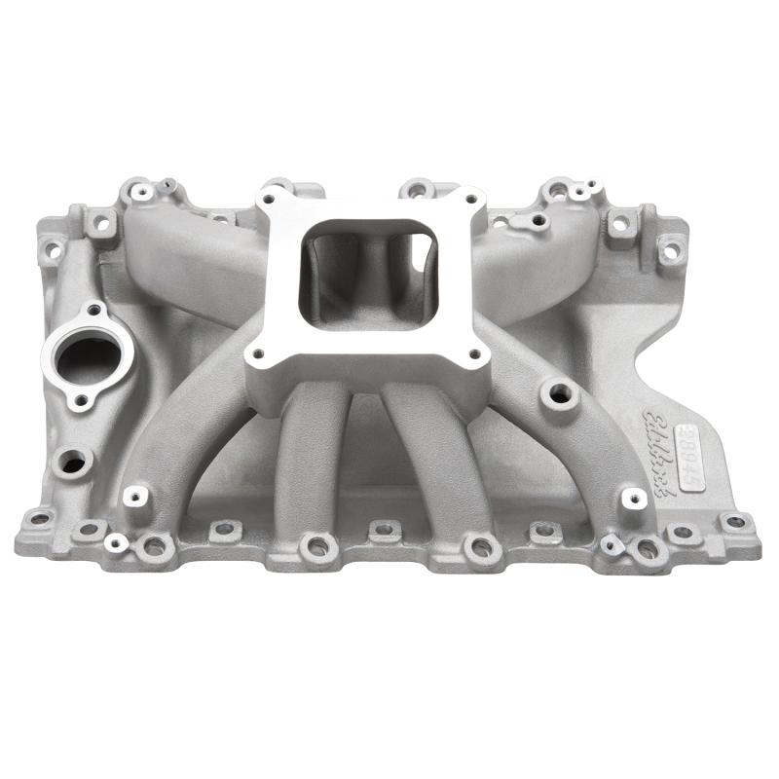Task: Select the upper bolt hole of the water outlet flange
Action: coord(93,310)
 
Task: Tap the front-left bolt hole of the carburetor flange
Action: coord(258,354)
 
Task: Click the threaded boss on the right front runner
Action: coord(559,393)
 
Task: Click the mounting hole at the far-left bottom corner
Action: coord(40,518)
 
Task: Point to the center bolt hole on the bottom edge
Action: coord(385,532)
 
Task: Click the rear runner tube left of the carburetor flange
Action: coord(195,243)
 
